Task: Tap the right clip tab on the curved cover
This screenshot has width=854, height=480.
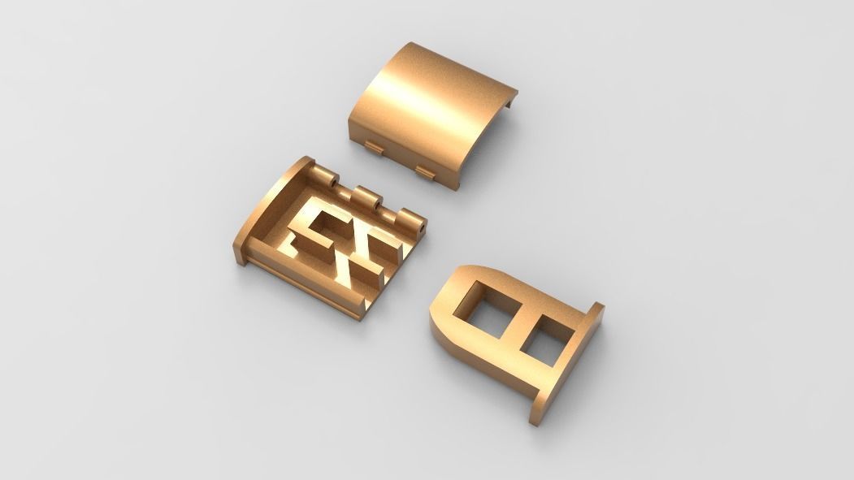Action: [x=424, y=171]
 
